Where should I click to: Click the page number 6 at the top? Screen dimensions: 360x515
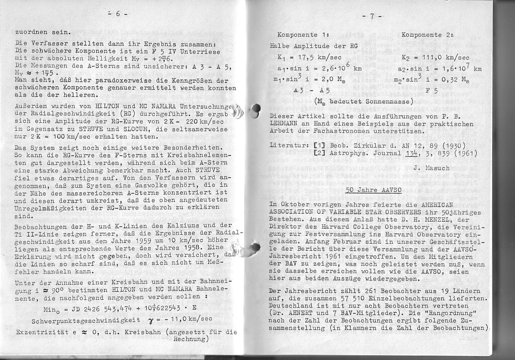118,14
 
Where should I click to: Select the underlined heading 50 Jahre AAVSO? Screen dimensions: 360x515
372,190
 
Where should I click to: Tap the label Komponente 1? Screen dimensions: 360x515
304,35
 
